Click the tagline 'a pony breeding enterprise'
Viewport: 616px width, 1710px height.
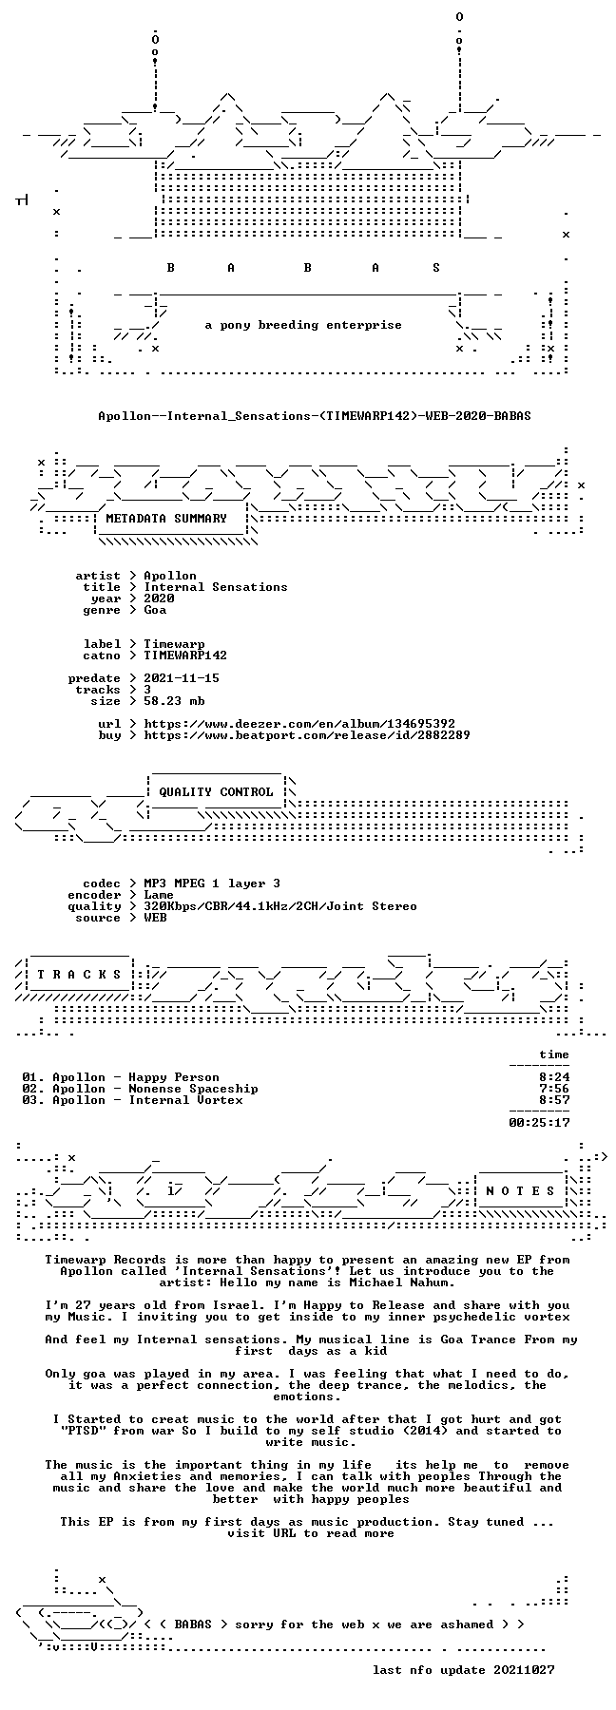click(303, 326)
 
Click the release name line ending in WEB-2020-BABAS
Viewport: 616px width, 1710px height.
click(315, 416)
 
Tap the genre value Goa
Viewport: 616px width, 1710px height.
click(155, 610)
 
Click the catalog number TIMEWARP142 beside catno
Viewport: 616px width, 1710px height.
click(185, 655)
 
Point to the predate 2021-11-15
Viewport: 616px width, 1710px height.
click(182, 678)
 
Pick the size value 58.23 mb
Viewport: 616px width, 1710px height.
click(174, 701)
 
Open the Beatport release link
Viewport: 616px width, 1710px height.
click(307, 735)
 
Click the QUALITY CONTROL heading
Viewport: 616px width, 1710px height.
click(216, 792)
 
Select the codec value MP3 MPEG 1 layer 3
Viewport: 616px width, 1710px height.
click(212, 883)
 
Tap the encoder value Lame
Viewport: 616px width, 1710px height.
click(159, 895)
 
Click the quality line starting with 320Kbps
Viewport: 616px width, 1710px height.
click(280, 906)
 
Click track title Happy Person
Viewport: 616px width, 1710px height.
click(174, 1077)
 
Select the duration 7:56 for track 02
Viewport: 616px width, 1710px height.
click(554, 1089)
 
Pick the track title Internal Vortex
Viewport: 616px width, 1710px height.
click(185, 1100)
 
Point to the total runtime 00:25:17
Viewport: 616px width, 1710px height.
click(539, 1123)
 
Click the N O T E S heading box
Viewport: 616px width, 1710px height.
click(522, 1190)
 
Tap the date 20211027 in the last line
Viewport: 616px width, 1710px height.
click(524, 1670)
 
